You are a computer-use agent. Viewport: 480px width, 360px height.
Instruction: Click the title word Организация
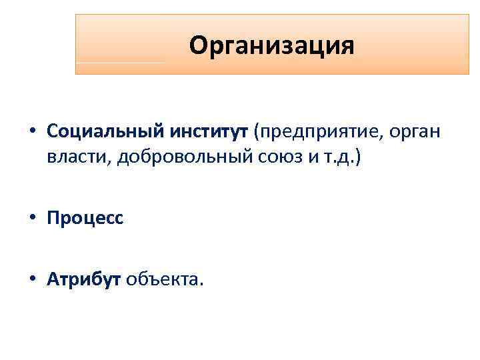tap(271, 46)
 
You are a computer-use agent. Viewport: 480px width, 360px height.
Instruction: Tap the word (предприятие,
tap(315, 131)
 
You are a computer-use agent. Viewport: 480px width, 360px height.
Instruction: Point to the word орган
tap(415, 133)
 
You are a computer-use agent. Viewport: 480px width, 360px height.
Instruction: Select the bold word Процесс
tap(85, 219)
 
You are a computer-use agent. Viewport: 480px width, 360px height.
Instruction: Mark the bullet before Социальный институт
tap(33, 132)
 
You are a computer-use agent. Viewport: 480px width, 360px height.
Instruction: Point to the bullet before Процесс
tap(33, 219)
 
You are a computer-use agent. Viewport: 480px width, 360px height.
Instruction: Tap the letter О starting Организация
tap(198, 45)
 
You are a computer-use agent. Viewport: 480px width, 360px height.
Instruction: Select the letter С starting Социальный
tap(53, 131)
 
